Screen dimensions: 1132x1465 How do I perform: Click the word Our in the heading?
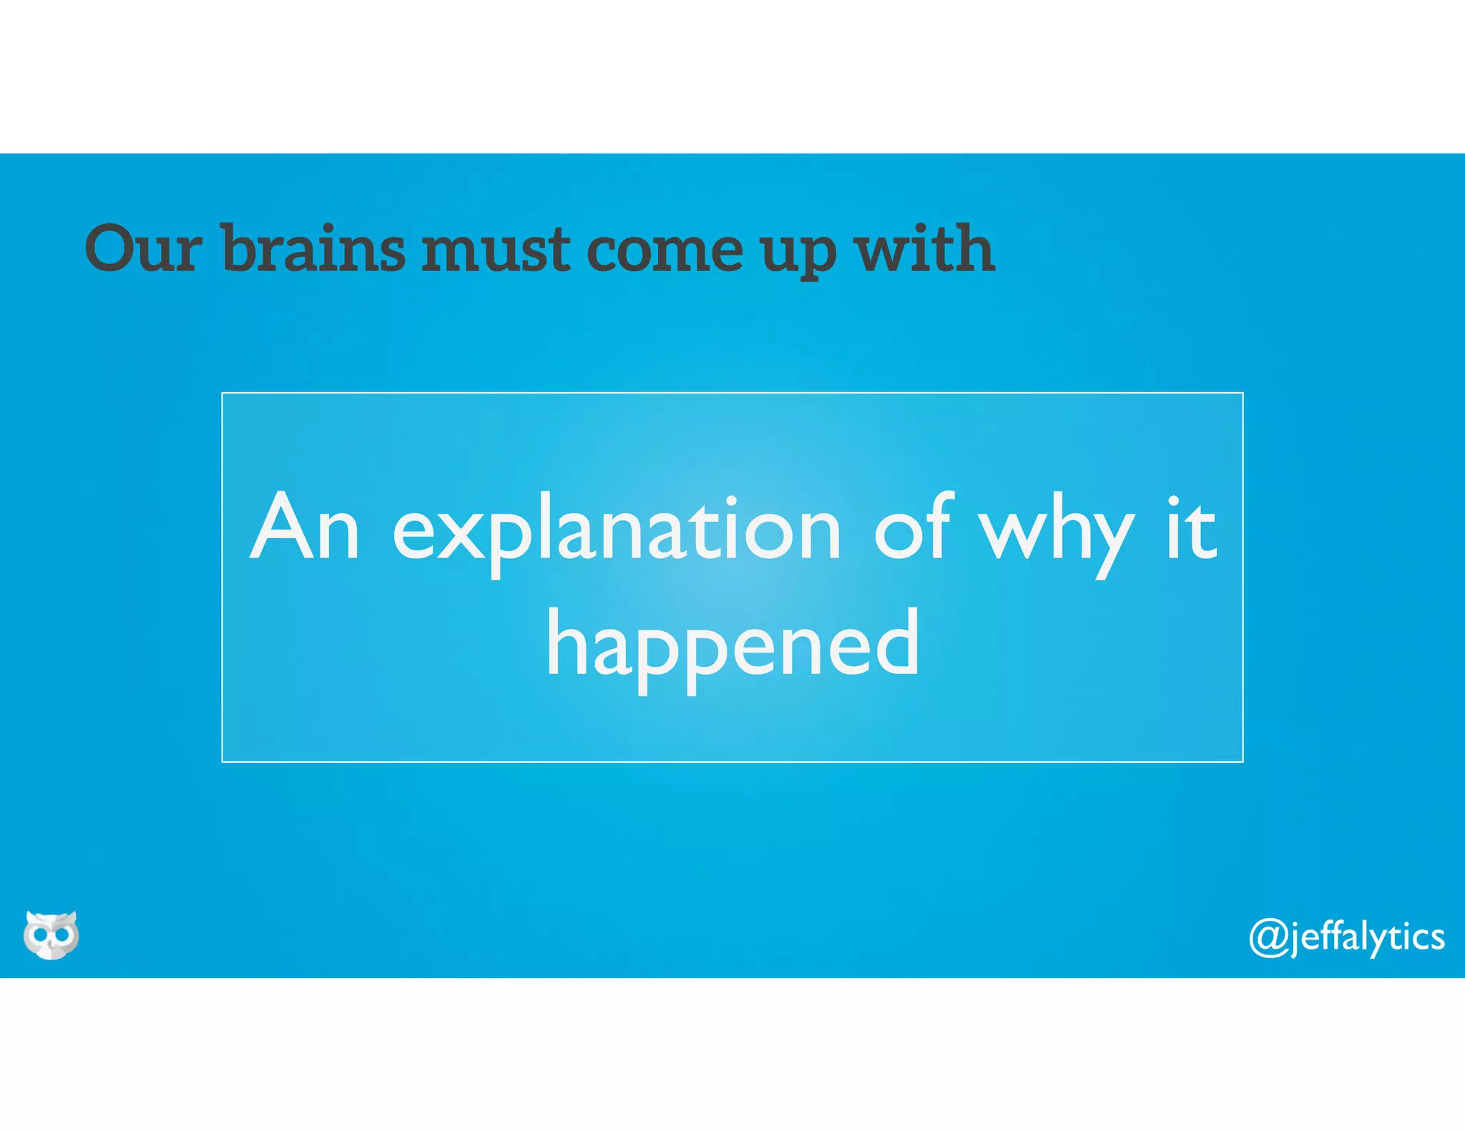[x=143, y=248]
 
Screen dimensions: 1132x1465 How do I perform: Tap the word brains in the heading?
[x=313, y=248]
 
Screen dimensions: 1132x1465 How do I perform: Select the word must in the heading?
[x=496, y=250]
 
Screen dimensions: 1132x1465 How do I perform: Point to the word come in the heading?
[x=665, y=250]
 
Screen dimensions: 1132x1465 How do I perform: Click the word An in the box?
[x=305, y=528]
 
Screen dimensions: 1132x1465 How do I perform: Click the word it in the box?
[x=1190, y=527]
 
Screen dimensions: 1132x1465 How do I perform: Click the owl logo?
[x=51, y=935]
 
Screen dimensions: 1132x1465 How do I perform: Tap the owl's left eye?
[x=40, y=935]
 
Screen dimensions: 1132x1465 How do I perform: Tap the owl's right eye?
[x=62, y=935]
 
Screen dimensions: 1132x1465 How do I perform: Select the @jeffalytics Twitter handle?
[x=1346, y=937]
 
